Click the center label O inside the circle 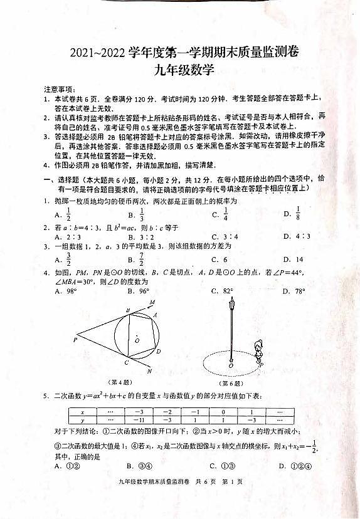click(137, 340)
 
